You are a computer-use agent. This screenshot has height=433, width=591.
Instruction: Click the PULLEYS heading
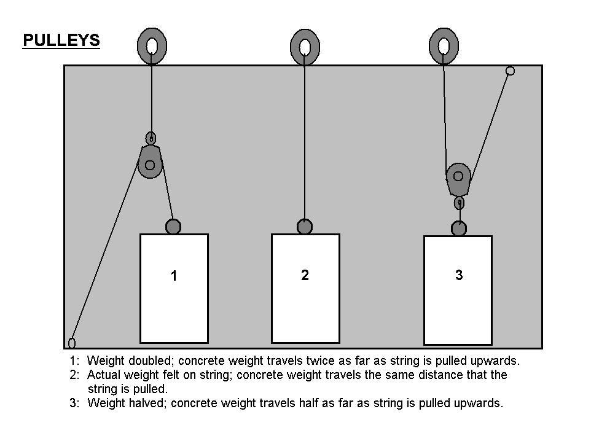(61, 41)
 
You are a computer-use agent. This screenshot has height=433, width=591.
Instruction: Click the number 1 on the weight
(174, 276)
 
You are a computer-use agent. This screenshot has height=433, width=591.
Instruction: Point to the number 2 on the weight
(305, 275)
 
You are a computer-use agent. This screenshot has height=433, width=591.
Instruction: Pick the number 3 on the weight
(459, 275)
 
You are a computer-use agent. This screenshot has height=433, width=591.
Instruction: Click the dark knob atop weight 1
(173, 227)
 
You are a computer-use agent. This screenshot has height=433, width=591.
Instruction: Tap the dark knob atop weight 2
(305, 227)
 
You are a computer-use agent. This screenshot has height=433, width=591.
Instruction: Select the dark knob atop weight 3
(459, 228)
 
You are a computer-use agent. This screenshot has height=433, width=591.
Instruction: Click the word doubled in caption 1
(150, 361)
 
